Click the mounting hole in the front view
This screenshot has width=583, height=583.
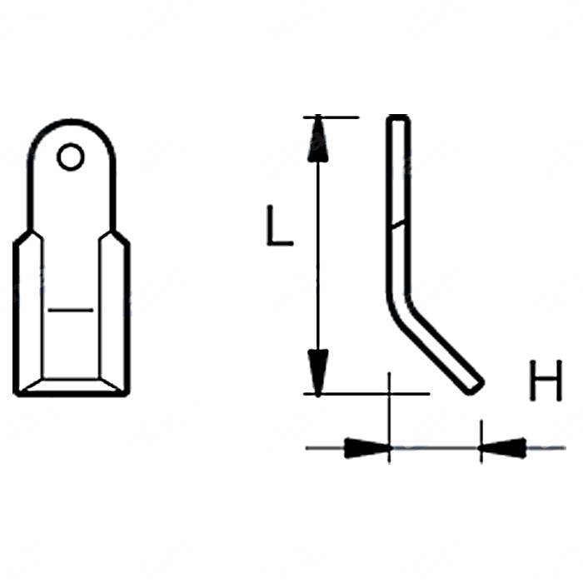(70, 157)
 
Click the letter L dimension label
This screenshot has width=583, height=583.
(280, 226)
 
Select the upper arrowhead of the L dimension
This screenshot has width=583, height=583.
(318, 139)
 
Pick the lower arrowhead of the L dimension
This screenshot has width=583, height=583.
(318, 372)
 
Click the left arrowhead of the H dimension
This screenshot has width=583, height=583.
(367, 448)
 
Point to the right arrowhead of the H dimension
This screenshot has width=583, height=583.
(503, 448)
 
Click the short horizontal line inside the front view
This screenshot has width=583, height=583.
(70, 310)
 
